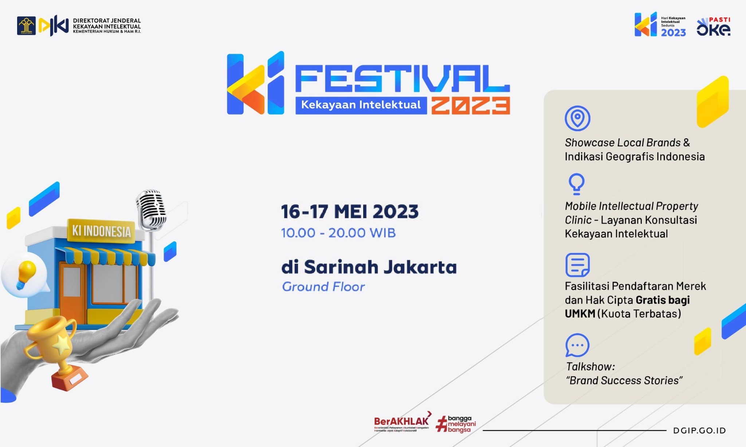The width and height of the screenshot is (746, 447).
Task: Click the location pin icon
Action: [x=577, y=118]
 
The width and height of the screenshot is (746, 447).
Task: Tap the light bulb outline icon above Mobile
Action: [x=576, y=184]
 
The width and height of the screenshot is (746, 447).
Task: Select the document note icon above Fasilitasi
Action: [x=577, y=265]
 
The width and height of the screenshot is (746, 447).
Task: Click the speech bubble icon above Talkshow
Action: [x=577, y=345]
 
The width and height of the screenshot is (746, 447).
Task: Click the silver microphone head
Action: [x=151, y=209]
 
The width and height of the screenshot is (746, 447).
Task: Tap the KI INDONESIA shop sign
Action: [x=101, y=231]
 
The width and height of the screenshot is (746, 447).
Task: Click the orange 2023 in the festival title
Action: [x=471, y=106]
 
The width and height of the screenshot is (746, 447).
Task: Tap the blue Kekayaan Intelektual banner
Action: [x=361, y=105]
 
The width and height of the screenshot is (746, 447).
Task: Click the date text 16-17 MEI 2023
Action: [x=350, y=212]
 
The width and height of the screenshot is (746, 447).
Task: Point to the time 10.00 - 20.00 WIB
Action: [x=338, y=233]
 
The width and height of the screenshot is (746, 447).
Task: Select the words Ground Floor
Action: [x=323, y=287]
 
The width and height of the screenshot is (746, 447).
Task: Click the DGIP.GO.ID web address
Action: [x=699, y=431]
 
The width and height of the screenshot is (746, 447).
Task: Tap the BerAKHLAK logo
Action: [x=401, y=423]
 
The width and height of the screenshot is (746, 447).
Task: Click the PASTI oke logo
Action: [x=714, y=27]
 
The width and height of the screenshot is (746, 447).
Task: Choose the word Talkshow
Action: [x=590, y=367]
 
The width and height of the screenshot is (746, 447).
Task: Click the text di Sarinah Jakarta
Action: [x=369, y=267]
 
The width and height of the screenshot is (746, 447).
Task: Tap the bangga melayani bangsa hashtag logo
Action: [x=456, y=424]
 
